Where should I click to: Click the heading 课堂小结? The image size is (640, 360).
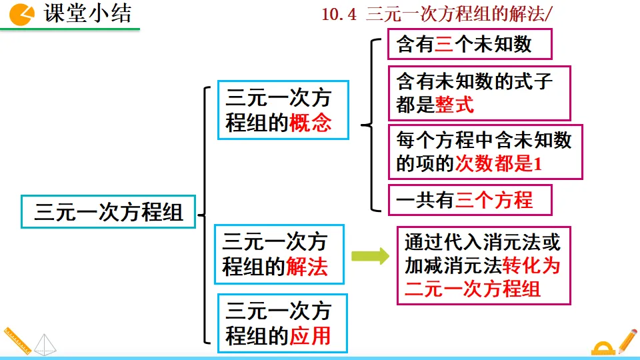click(88, 14)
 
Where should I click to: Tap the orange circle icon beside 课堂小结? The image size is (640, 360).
click(23, 14)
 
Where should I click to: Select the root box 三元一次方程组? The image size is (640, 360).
click(108, 212)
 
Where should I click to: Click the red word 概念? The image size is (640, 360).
click(311, 123)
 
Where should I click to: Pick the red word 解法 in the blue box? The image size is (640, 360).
click(307, 267)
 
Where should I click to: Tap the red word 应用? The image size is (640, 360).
click(311, 335)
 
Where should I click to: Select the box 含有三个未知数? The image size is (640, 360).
click(470, 45)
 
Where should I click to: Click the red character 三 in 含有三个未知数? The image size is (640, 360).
click(444, 45)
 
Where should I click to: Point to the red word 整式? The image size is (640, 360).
click(455, 105)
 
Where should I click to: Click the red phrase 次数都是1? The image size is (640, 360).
click(498, 163)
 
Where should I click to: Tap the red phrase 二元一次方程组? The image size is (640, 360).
click(473, 289)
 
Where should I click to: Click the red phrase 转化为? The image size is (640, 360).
click(532, 265)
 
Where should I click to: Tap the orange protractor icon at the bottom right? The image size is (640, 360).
click(603, 349)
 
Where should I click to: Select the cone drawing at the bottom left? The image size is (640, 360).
click(46, 345)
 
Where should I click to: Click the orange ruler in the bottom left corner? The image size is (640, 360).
click(16, 341)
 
